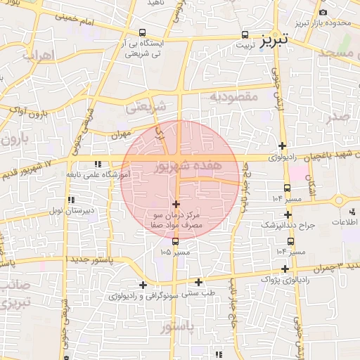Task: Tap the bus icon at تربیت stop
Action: click(x=245, y=34)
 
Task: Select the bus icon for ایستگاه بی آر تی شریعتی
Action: click(x=143, y=32)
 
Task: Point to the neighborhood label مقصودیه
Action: click(x=235, y=95)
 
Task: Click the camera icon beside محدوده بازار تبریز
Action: click(x=323, y=12)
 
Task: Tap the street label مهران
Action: click(x=121, y=133)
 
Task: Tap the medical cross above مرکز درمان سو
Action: click(x=176, y=204)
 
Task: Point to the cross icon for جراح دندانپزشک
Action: click(x=288, y=214)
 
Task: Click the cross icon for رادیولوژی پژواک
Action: click(x=285, y=269)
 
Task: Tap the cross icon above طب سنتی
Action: click(x=199, y=282)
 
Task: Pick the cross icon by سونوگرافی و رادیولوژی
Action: click(x=143, y=285)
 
